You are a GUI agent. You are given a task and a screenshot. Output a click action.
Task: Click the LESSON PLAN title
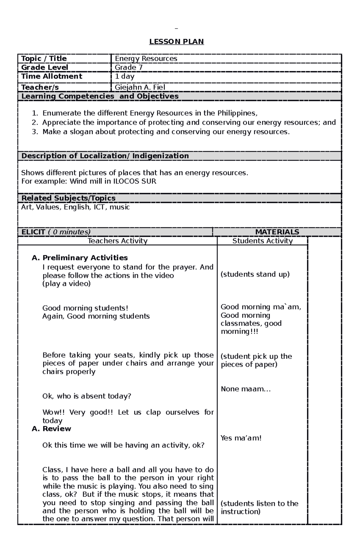(176, 42)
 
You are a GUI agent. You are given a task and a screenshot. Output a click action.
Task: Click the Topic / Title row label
(44, 58)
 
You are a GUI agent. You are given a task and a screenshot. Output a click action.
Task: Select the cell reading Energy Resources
(146, 58)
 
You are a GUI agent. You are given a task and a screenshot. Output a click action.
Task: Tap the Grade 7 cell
(128, 67)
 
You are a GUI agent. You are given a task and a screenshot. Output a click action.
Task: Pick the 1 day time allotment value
(124, 76)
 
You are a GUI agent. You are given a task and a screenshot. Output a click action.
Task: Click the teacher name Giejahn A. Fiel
(140, 87)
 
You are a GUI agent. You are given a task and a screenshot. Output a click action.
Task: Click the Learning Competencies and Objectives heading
(100, 96)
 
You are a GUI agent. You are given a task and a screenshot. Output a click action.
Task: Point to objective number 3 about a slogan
(166, 132)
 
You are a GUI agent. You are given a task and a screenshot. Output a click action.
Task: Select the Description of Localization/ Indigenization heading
(105, 156)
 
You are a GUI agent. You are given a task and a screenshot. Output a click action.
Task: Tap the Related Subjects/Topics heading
(68, 198)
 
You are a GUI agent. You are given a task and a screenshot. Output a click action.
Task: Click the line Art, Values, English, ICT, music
(75, 207)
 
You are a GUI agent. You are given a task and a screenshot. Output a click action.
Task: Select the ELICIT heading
(56, 232)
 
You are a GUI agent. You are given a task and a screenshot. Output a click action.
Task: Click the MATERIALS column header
(277, 232)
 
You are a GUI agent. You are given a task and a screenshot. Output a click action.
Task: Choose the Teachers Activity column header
(117, 241)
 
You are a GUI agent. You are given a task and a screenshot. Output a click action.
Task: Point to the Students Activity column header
(262, 241)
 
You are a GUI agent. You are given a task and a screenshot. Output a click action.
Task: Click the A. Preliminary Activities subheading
(80, 258)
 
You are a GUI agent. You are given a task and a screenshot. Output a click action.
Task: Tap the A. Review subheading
(51, 429)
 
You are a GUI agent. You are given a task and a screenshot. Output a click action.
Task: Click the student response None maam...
(246, 389)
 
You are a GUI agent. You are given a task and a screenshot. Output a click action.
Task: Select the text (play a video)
(66, 284)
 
